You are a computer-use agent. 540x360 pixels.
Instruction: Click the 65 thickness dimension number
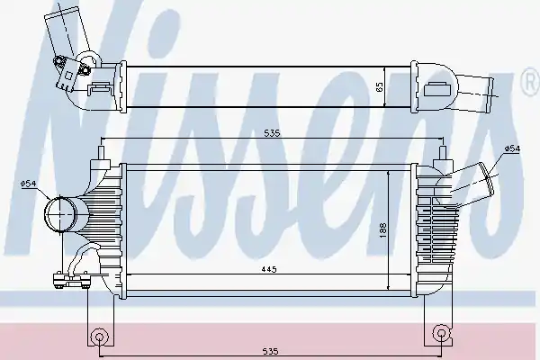(380, 86)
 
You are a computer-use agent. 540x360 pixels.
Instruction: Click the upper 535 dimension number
(272, 133)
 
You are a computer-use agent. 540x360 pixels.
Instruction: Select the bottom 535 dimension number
(270, 351)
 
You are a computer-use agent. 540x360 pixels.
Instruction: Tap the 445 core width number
(268, 269)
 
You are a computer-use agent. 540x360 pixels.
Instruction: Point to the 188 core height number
(383, 230)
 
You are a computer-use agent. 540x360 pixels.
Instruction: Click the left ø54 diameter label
(29, 184)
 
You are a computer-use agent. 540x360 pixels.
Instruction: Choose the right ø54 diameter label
(512, 148)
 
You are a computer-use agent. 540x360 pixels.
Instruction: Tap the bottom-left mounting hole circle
(99, 337)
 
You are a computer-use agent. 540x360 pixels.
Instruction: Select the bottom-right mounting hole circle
(441, 333)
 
